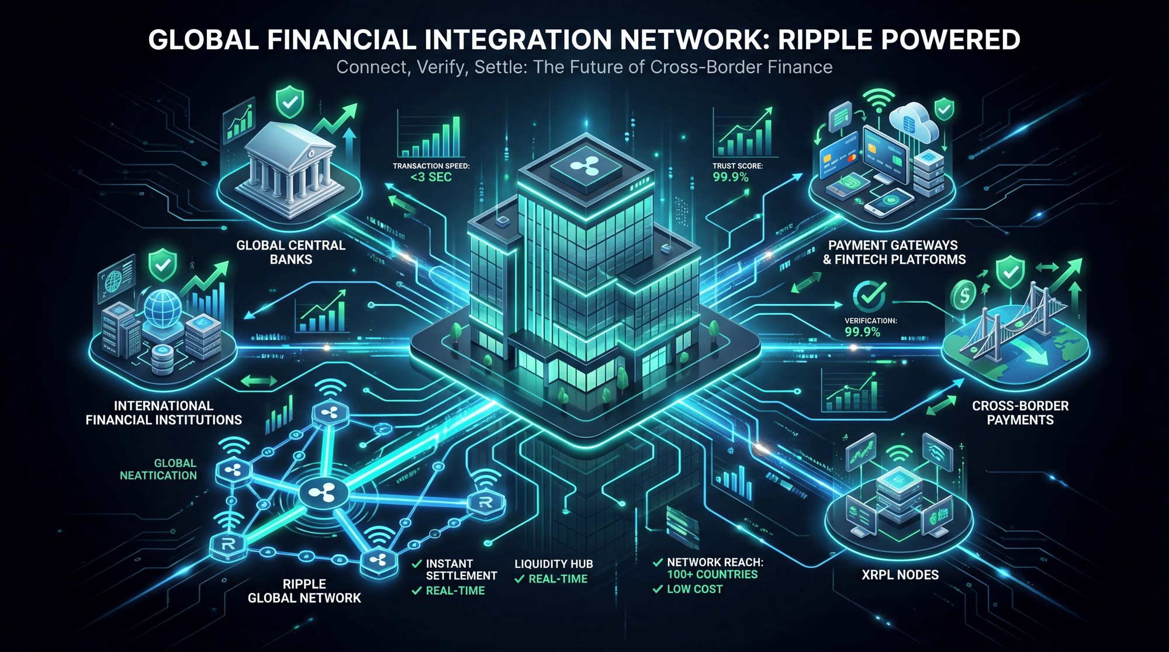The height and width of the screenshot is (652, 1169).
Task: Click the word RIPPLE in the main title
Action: [x=824, y=40]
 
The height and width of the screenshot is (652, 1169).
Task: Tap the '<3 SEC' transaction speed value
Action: [x=431, y=177]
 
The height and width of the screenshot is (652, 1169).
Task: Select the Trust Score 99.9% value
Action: [x=730, y=177]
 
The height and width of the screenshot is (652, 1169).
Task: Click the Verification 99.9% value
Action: [x=862, y=332]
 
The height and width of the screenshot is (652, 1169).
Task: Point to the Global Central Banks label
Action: [x=290, y=252]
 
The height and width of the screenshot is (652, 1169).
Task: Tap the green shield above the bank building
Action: [x=289, y=102]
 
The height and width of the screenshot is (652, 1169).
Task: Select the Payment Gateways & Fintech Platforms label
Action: [x=894, y=252]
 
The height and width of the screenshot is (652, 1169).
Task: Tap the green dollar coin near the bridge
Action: [x=963, y=295]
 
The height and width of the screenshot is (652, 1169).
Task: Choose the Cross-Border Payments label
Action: [x=1020, y=412]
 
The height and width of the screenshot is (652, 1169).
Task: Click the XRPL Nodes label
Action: [x=900, y=575]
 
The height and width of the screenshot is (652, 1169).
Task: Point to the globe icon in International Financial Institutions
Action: [x=162, y=308]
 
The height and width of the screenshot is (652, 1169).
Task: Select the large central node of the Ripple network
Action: [x=323, y=494]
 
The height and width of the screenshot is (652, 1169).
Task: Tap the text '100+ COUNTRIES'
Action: [x=712, y=574]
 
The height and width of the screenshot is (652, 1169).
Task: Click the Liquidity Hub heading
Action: [x=554, y=564]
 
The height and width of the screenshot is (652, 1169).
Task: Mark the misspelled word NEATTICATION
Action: [x=158, y=476]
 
